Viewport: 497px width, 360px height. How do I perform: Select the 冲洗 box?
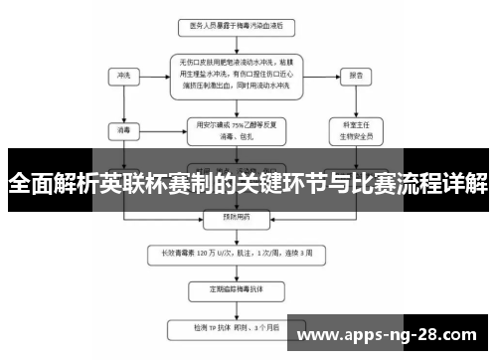point(123,76)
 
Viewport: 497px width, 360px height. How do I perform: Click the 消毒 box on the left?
point(123,129)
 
